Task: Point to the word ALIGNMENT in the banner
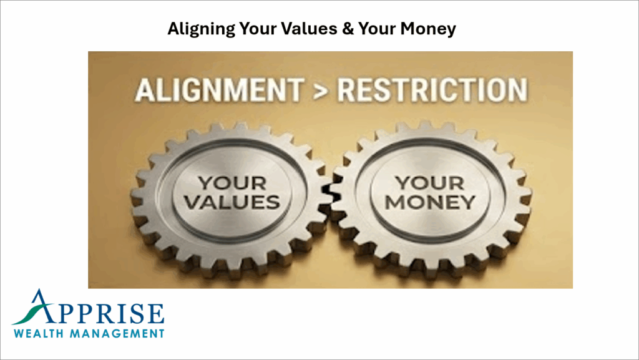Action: [217, 90]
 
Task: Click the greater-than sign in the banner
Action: [317, 91]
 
